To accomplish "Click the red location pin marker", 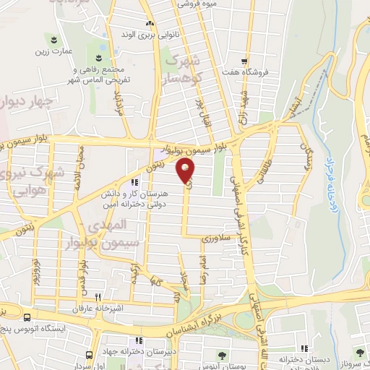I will point(186,171).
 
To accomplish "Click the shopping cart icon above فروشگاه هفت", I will point(246,61).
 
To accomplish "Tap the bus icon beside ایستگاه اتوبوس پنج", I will point(27,317).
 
